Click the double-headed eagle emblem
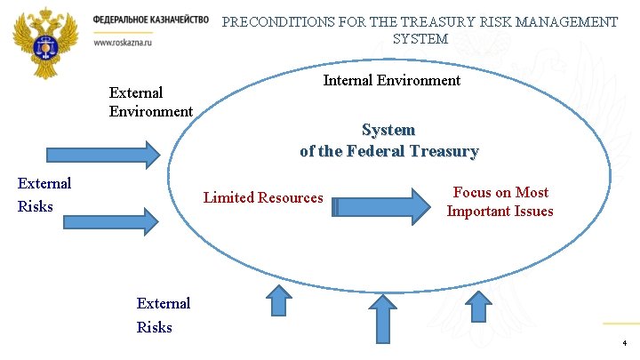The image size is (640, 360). pos(45,37)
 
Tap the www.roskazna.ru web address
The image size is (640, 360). pos(122,42)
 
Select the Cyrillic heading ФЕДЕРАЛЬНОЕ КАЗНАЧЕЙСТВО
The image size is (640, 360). pos(150,20)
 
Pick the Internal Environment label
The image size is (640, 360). pos(391,81)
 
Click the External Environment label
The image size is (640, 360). pos(150,102)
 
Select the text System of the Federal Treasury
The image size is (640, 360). pos(388,141)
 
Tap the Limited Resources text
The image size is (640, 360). pos(263,197)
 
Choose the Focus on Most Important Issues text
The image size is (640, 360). pos(500,202)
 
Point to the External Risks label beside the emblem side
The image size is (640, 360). pos(44,195)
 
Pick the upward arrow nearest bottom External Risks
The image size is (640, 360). pos(280,300)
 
